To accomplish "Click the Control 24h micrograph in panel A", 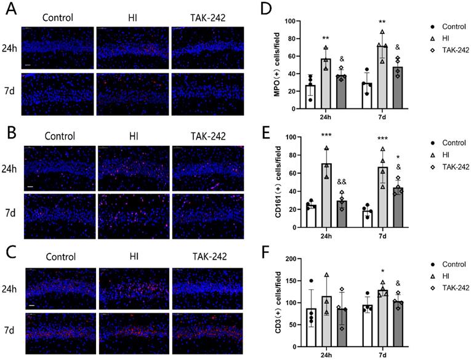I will [58, 47].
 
